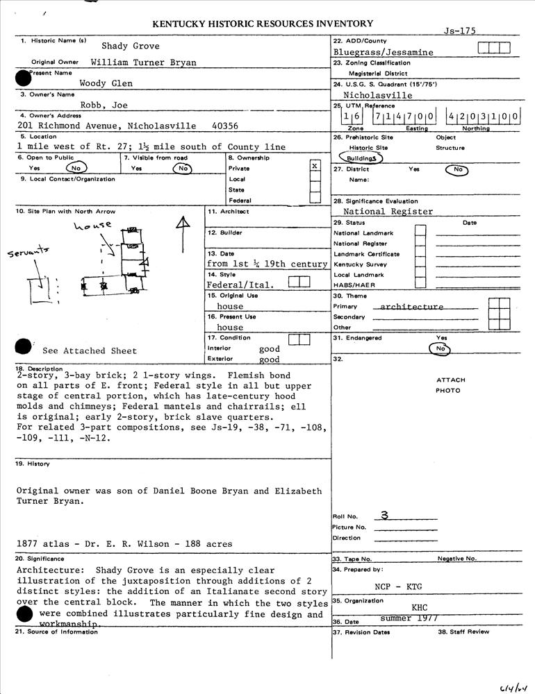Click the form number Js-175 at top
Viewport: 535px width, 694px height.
click(x=460, y=31)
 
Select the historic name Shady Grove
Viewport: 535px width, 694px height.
click(x=131, y=46)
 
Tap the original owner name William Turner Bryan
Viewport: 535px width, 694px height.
click(x=143, y=62)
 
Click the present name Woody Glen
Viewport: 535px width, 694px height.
click(x=106, y=83)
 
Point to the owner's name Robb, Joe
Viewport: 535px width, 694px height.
click(x=104, y=105)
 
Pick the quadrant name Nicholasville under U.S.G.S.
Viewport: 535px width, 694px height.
click(x=378, y=95)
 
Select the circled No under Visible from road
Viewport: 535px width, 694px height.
click(x=182, y=168)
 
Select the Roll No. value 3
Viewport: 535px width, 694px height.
click(x=384, y=516)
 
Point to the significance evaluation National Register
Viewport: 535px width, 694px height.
click(x=388, y=212)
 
